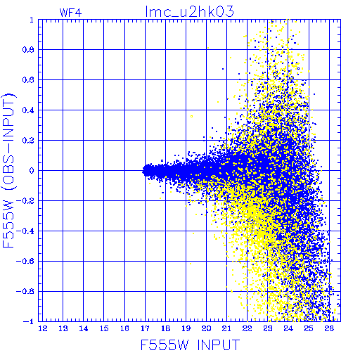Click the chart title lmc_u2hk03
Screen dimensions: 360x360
tap(189, 12)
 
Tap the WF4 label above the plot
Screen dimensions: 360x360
tap(70, 13)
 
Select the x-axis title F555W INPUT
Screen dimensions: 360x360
tap(190, 345)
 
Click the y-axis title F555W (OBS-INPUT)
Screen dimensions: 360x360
tap(8, 170)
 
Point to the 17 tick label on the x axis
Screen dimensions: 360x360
tap(145, 328)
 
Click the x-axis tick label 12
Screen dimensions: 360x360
tap(43, 328)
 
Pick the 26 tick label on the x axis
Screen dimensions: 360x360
tap(329, 328)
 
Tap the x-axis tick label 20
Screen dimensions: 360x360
tap(206, 328)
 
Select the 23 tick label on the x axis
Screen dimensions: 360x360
tap(268, 328)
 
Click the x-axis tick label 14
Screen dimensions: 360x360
tap(84, 328)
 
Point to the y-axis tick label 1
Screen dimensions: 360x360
tap(32, 20)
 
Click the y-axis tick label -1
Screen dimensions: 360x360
tap(29, 321)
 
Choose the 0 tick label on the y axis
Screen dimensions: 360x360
tap(32, 171)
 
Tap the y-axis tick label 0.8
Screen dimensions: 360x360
tap(28, 50)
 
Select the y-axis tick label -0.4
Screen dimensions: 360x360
tap(25, 231)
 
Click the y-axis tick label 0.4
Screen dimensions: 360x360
tap(28, 110)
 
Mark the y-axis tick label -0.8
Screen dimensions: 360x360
tap(25, 291)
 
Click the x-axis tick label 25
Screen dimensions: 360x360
tap(309, 328)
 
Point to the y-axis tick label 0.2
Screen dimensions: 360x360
tap(28, 141)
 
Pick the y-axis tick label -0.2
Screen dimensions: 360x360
tap(25, 201)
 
